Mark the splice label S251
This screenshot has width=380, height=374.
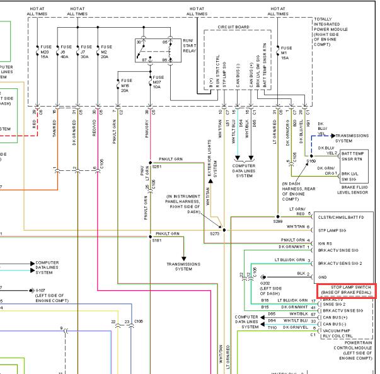[x=156, y=167]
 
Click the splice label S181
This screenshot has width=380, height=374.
[x=156, y=240]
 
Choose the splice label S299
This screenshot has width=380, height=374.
[x=278, y=222]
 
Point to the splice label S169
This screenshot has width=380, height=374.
[x=310, y=161]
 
